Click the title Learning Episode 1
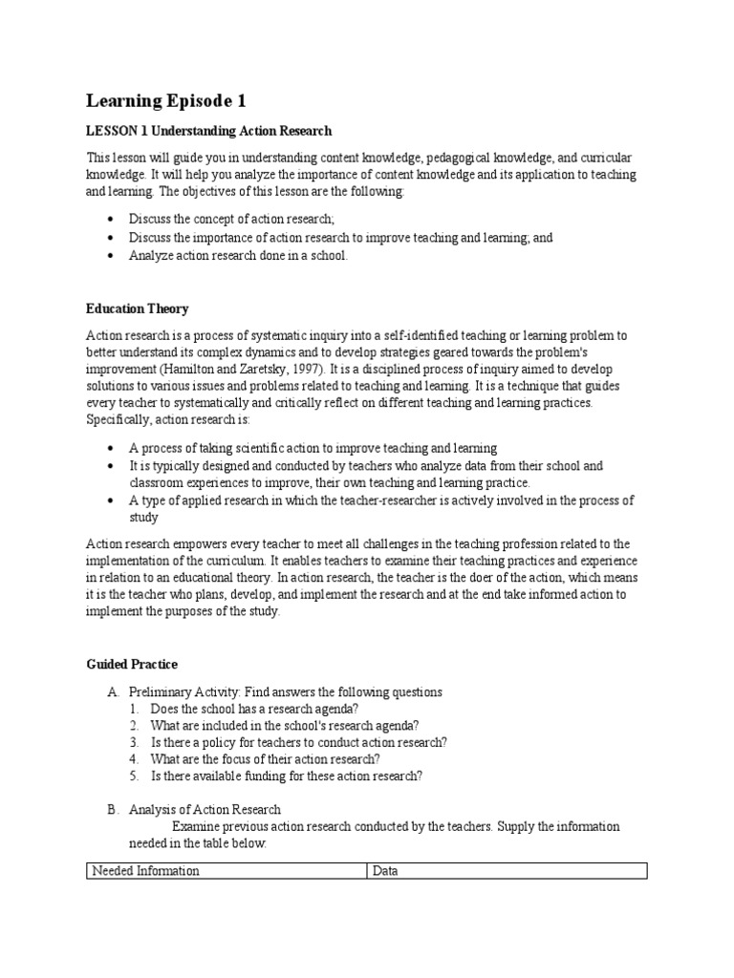(x=172, y=100)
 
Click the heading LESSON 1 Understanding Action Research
(x=209, y=131)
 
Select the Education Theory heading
(x=137, y=309)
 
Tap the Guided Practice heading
(x=132, y=665)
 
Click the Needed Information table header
(x=145, y=871)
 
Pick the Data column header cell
(x=385, y=871)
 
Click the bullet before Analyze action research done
(x=111, y=256)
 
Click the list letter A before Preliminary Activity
(x=112, y=692)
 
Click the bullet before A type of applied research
(x=111, y=501)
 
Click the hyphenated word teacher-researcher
(x=433, y=501)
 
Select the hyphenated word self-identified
(x=399, y=335)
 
